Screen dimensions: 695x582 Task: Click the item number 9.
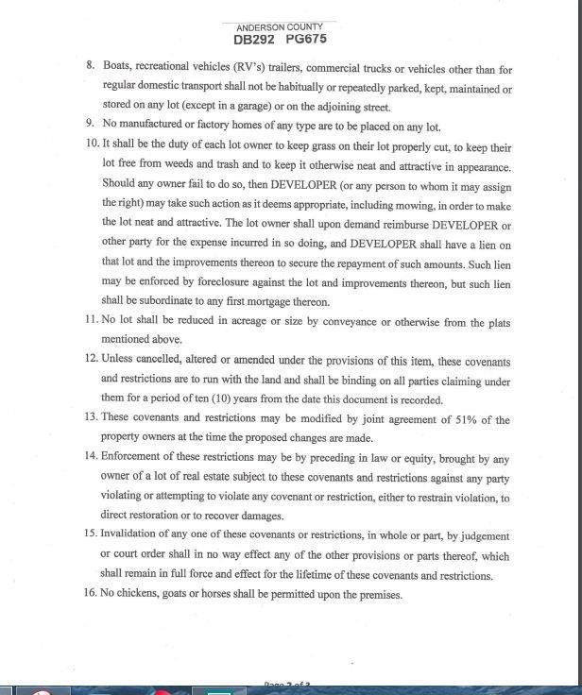[x=89, y=126]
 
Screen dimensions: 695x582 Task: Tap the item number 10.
[x=92, y=147]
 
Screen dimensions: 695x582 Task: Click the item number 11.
[x=92, y=323]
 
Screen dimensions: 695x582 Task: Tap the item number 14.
[x=92, y=459]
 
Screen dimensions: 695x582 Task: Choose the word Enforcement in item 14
[x=135, y=459]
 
